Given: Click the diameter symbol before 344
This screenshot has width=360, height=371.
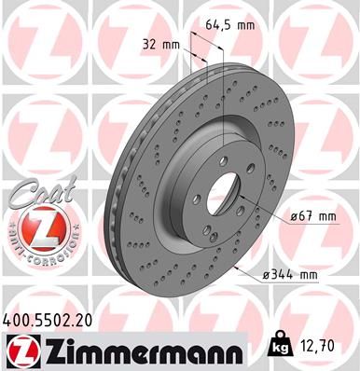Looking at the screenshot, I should (x=267, y=275).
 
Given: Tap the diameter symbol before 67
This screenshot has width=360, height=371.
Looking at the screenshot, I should (x=294, y=217).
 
